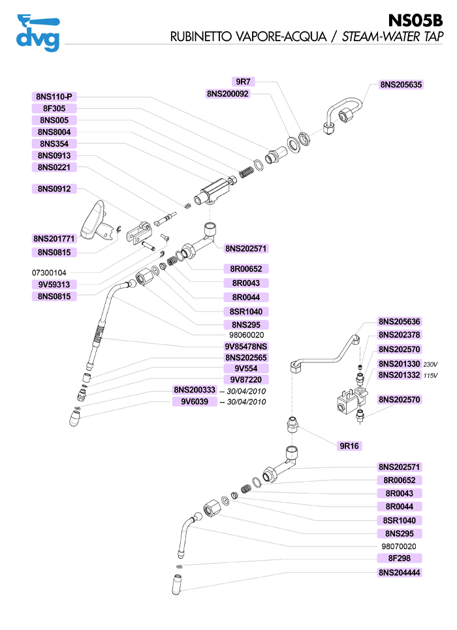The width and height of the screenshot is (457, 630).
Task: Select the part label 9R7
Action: pos(244,82)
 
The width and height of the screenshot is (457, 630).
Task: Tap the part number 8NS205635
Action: pos(401,84)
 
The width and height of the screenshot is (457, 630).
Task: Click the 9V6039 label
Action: pos(195,402)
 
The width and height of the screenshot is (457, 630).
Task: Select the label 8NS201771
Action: pos(55,238)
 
